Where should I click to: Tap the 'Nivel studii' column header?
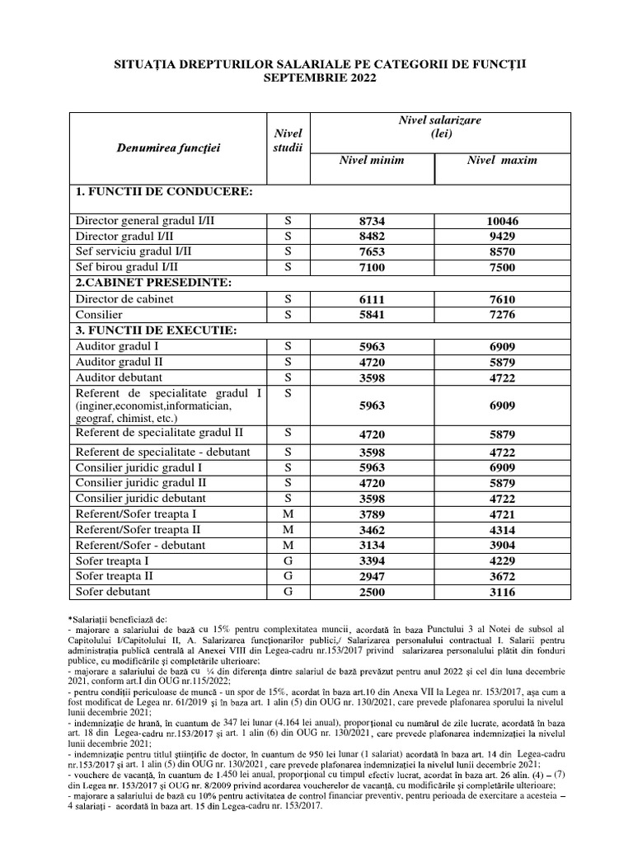(288, 140)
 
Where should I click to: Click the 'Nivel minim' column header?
(372, 160)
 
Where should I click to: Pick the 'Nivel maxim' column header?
(502, 160)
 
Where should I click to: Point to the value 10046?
(502, 222)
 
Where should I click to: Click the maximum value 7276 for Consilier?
(502, 315)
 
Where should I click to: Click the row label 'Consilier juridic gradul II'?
(141, 482)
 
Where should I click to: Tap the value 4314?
(502, 530)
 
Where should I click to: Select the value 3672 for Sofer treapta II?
(502, 576)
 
